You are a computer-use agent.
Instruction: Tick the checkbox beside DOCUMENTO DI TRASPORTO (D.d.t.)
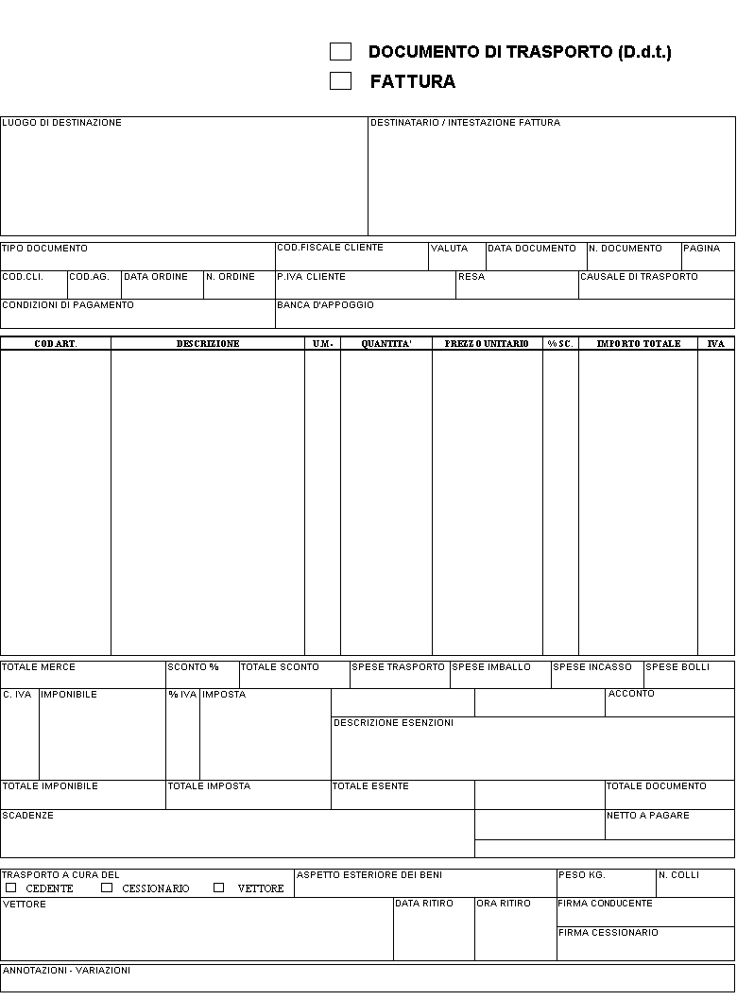click(340, 52)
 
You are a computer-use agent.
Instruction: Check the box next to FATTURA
click(340, 81)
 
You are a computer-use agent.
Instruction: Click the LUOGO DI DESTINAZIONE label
click(61, 123)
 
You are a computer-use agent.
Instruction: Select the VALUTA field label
click(449, 249)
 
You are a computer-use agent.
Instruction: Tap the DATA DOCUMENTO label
click(531, 249)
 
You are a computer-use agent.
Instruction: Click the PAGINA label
click(701, 249)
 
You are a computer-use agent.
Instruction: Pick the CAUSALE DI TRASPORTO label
click(639, 277)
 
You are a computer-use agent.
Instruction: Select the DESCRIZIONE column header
click(208, 344)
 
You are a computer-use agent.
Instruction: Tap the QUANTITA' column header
click(386, 344)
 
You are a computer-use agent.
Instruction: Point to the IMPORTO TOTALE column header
click(639, 344)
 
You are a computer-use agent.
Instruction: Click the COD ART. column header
click(56, 344)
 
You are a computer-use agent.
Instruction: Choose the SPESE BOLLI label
click(677, 667)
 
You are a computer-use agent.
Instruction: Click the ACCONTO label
click(631, 694)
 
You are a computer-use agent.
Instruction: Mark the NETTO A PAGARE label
click(648, 816)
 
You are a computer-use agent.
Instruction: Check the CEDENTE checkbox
click(11, 888)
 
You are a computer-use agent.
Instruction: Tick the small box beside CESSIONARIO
click(107, 888)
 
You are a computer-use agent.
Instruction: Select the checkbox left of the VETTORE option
click(218, 888)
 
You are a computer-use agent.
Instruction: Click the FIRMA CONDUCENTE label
click(605, 904)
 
